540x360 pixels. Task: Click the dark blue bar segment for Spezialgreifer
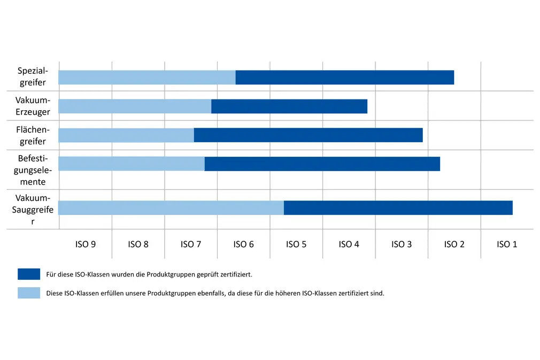(x=344, y=77)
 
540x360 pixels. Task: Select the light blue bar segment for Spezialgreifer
(x=147, y=77)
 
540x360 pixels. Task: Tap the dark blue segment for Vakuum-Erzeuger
(x=289, y=106)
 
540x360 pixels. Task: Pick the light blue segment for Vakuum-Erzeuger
(x=135, y=106)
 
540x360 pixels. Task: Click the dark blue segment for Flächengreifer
(x=308, y=135)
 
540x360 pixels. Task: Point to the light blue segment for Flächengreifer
(x=126, y=135)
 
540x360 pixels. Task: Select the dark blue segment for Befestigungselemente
(x=322, y=164)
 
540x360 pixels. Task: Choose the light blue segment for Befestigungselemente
(x=132, y=164)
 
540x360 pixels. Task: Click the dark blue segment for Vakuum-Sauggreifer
(x=398, y=208)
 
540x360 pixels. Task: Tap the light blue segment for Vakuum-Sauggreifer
(x=171, y=208)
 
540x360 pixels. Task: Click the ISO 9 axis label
(x=86, y=244)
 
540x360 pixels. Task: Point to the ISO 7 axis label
(x=191, y=244)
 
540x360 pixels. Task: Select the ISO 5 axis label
(x=296, y=244)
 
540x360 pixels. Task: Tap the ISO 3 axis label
(x=402, y=244)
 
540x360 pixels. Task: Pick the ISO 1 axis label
(x=507, y=244)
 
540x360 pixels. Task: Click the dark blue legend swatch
(x=29, y=274)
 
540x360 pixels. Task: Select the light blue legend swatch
(x=29, y=293)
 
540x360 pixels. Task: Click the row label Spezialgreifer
(x=33, y=76)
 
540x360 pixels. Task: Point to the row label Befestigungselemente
(x=33, y=170)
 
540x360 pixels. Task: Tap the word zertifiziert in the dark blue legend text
(x=235, y=274)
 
